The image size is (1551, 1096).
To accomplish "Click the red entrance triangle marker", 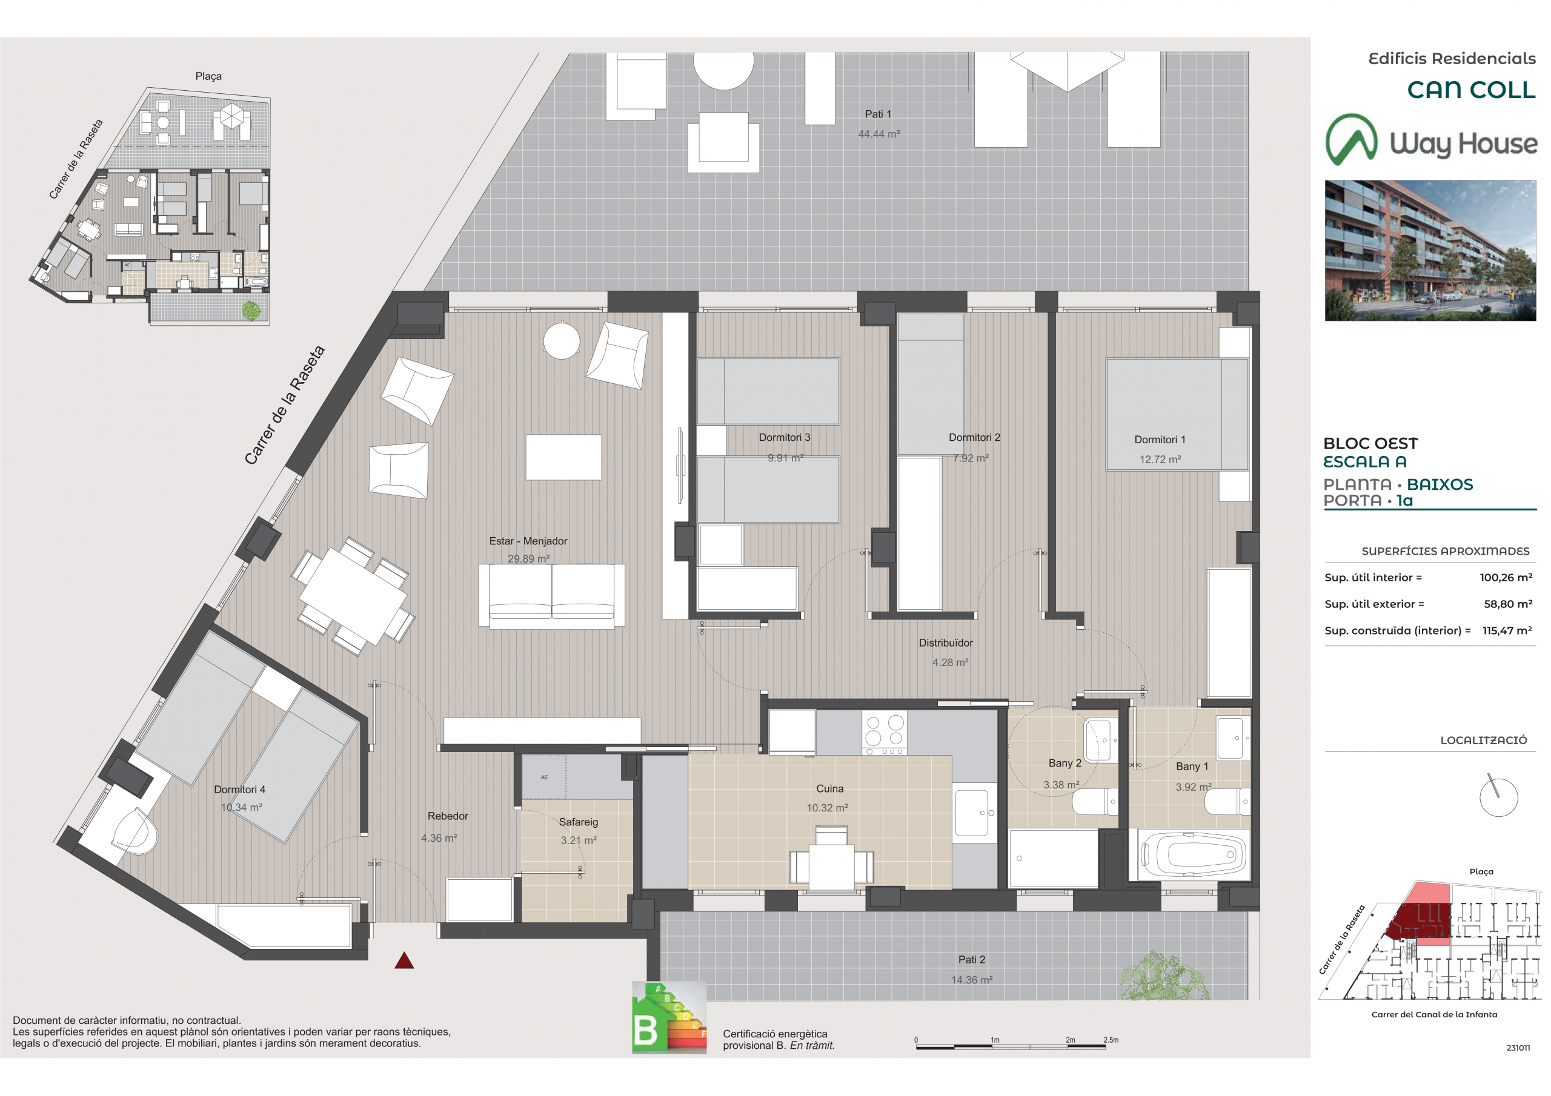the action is coord(404,960).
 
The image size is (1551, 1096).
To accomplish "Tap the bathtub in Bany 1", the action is coord(1192,855).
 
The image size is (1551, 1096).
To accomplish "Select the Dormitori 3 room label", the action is coord(784,438).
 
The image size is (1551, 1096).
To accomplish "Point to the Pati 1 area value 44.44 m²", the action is coord(879,134).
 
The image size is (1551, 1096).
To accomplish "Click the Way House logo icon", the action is coord(1351,140).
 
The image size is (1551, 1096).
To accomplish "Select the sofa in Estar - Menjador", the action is coord(551,596).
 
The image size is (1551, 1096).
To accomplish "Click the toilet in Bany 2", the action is coord(1095,802).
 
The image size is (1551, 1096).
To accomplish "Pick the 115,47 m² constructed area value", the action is coord(1507,630).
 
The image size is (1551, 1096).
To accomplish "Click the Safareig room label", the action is coord(578,822).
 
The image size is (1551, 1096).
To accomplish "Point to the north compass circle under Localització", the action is coord(1498,797).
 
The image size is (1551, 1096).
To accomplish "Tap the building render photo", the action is coord(1430,251).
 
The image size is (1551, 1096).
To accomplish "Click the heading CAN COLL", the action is coord(1471,90).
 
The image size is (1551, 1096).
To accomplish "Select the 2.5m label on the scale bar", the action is coord(1111,1040).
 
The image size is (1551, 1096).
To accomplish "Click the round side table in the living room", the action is coord(562,341).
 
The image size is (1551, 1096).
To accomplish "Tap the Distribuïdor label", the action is coord(946,643).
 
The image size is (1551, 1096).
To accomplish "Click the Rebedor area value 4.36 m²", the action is coord(439,838).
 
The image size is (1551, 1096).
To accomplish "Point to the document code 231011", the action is coord(1518,1048).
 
